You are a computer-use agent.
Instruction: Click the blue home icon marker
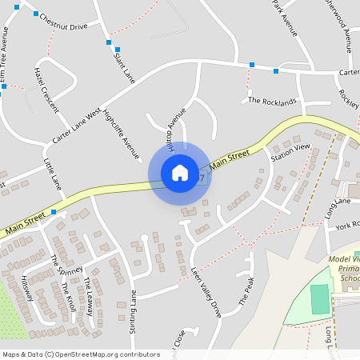point(179,172)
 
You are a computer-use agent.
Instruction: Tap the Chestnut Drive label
point(63,26)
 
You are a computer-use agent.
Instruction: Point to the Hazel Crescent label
point(47,89)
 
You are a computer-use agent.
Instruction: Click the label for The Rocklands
point(272,102)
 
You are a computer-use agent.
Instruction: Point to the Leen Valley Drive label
point(205,292)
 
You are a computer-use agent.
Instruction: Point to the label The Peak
point(246,291)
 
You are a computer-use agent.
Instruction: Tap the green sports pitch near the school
point(319,299)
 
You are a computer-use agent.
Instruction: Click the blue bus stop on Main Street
point(54,212)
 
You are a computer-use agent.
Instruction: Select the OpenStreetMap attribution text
point(81,354)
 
